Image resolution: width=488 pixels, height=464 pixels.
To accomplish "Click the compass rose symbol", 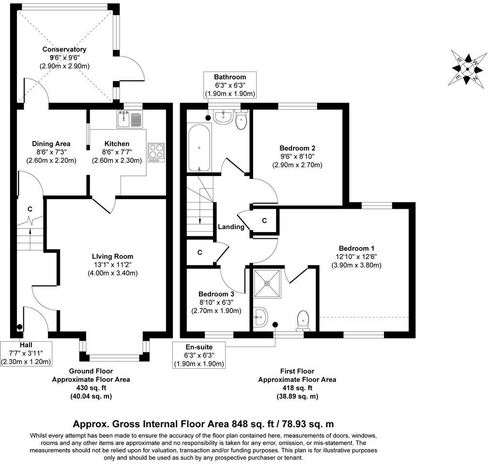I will (x=467, y=68).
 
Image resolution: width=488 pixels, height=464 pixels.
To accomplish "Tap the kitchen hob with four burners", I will (x=156, y=152).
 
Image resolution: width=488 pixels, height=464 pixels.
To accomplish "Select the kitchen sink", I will (x=129, y=119).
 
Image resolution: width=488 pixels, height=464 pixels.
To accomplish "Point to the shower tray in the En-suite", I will (x=267, y=282).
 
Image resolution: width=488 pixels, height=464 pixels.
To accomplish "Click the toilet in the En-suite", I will (x=304, y=319).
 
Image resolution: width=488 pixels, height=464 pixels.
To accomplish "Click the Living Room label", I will (x=113, y=256).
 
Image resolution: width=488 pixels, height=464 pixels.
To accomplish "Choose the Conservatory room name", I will (x=64, y=49).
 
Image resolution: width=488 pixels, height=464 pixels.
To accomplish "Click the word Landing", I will (x=231, y=227).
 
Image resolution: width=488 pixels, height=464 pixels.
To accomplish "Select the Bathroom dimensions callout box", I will (x=230, y=86).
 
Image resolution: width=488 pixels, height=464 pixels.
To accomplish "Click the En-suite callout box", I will (x=199, y=355).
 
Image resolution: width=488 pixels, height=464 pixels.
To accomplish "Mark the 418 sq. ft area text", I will (x=297, y=388).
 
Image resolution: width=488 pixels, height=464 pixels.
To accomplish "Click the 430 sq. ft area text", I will (x=91, y=388).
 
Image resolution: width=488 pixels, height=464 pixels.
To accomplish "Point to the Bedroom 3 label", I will (x=216, y=294).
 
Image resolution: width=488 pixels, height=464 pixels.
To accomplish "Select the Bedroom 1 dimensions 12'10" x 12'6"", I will (x=356, y=257).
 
